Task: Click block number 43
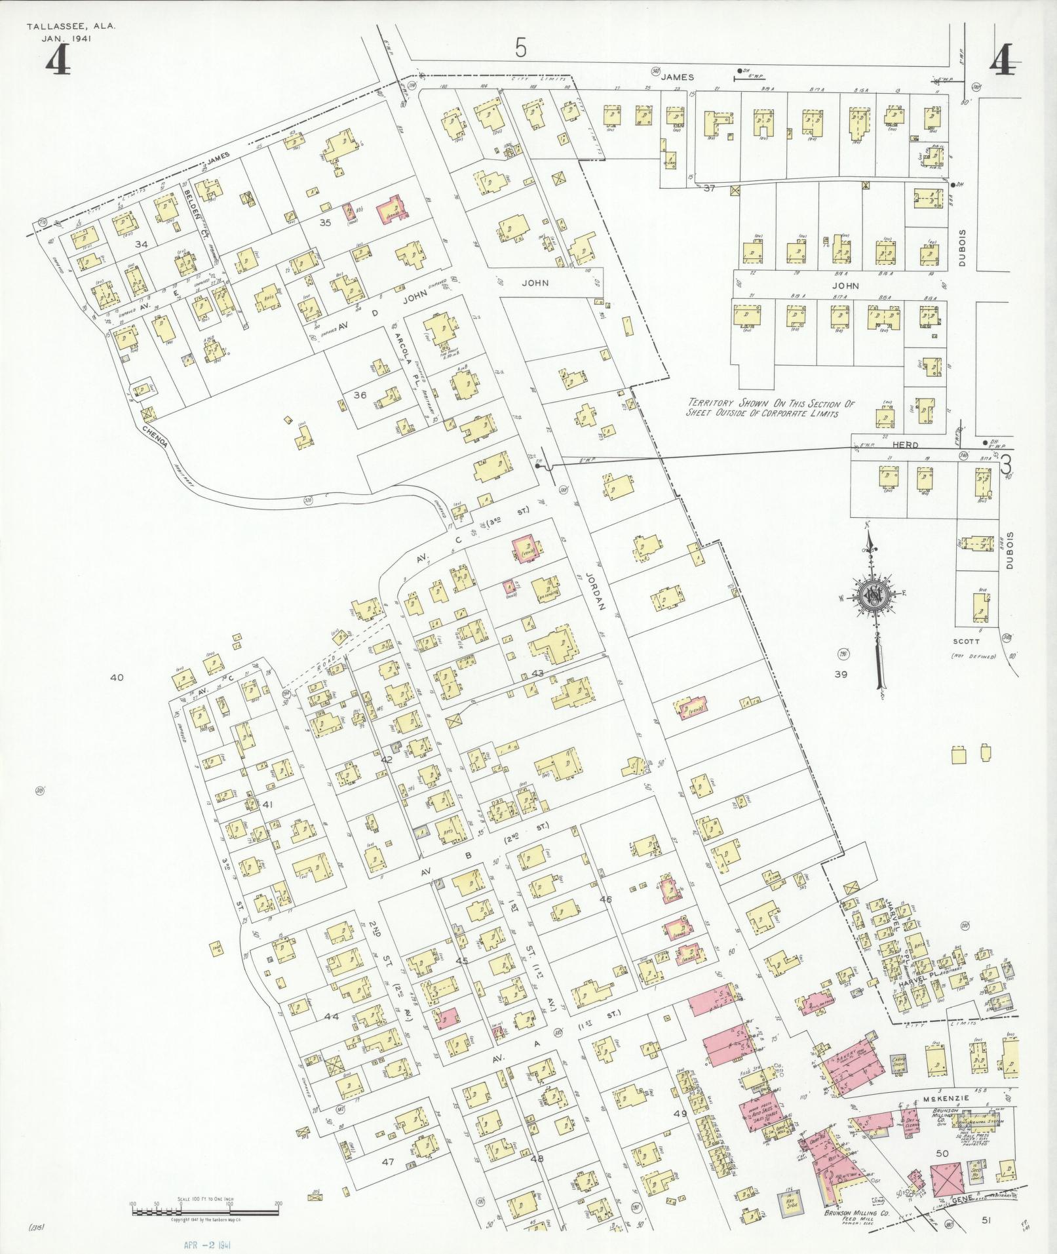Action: (537, 673)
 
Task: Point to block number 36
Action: (359, 395)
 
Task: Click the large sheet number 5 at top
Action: (520, 48)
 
